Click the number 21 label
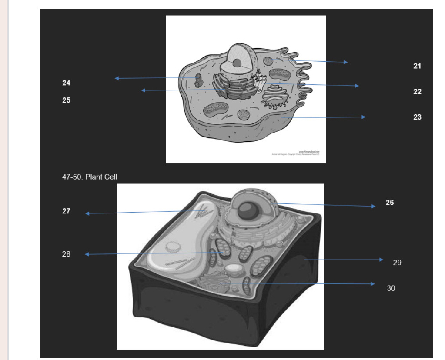pos(417,66)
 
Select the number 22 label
pos(417,92)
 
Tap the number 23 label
pos(417,117)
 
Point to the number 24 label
pos(66,83)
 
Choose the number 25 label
pos(66,100)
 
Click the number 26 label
pos(389,202)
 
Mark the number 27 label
pos(66,211)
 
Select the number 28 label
pos(66,254)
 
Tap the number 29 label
pos(397,263)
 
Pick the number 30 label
pos(391,288)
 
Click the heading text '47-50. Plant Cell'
pos(90,177)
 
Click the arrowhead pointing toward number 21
pos(345,62)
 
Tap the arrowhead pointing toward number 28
pos(87,254)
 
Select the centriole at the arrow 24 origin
pos(199,80)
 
